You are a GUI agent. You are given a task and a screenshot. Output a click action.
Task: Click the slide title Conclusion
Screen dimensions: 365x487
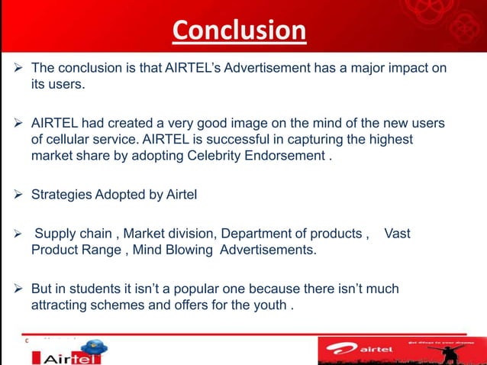(239, 31)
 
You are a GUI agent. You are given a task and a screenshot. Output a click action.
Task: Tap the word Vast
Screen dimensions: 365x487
(397, 233)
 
